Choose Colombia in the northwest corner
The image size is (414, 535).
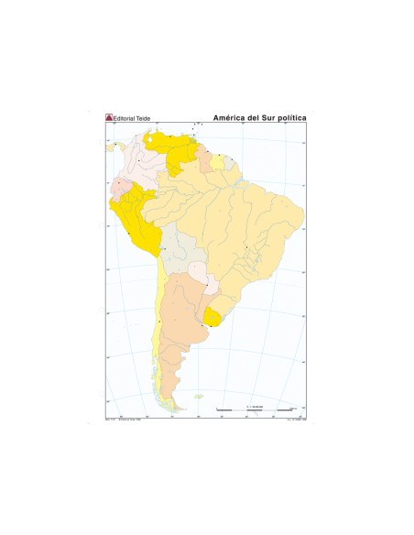[x=144, y=169]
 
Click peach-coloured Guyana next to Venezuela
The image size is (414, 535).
[x=207, y=162]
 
